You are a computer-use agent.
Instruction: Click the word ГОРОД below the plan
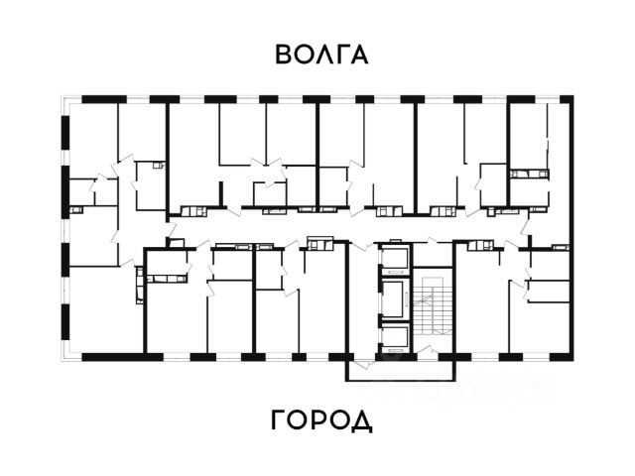[x=321, y=419]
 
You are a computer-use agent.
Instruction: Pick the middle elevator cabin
[x=394, y=297]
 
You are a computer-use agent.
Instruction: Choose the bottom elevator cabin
[x=394, y=336]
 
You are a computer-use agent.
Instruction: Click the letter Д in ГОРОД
[x=361, y=420]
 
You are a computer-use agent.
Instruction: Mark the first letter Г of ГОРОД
[x=279, y=419]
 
